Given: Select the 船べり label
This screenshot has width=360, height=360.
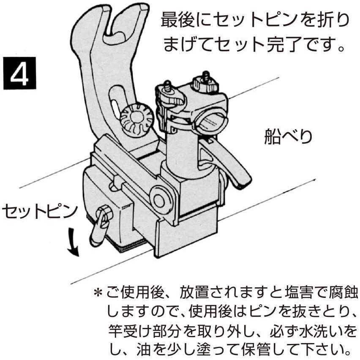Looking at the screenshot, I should [288, 137].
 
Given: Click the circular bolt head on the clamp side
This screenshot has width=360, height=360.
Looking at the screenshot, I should [160, 200].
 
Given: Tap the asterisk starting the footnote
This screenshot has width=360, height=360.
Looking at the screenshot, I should [98, 292].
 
